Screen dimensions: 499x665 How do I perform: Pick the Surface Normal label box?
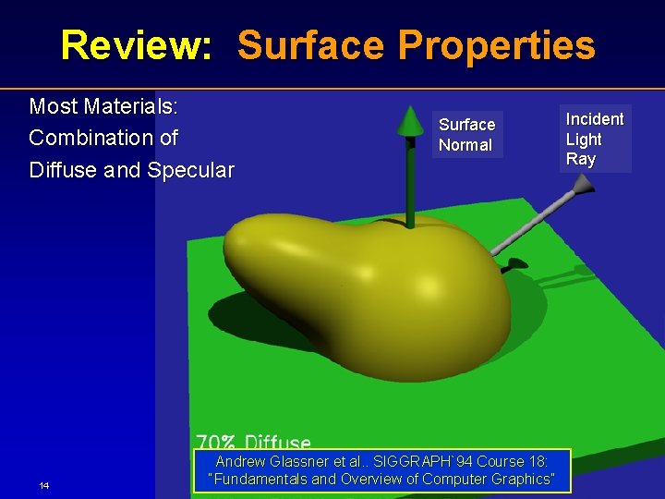pos(466,135)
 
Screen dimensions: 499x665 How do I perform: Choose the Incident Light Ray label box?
pos(594,139)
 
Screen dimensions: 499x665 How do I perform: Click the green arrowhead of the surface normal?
pos(409,121)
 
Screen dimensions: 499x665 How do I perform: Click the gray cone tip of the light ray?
pos(580,187)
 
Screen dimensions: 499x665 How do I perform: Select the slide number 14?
pos(44,486)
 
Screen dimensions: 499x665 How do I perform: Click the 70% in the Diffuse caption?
pos(216,444)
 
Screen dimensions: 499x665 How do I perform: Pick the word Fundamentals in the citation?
pos(260,479)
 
